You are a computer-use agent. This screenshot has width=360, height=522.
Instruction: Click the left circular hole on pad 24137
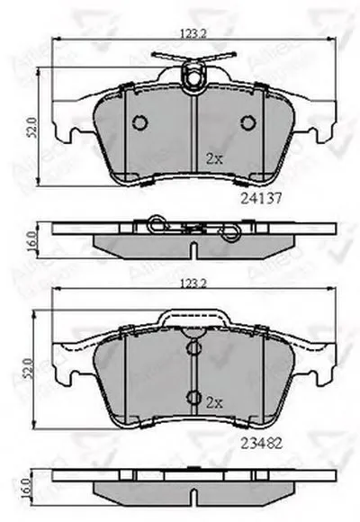(x=139, y=123)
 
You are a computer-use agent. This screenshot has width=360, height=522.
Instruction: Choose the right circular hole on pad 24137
(x=249, y=123)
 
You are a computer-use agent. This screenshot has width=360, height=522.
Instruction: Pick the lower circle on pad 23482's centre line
(x=191, y=397)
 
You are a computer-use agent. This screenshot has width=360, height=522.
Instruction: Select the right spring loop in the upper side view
(x=230, y=232)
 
